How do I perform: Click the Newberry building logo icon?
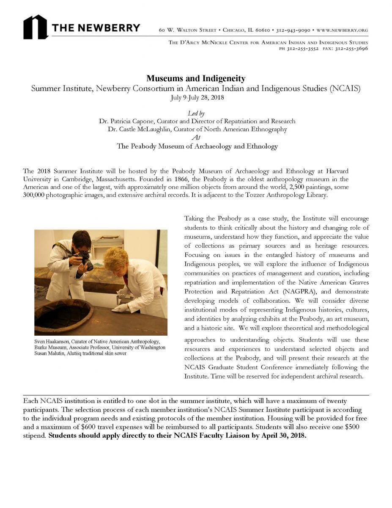[x=35, y=27]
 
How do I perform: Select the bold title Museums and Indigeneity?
[x=196, y=79]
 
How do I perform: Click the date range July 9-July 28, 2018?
[x=196, y=97]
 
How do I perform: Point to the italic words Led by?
[x=196, y=113]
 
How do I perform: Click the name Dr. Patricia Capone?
[x=123, y=121]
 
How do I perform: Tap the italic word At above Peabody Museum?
[x=196, y=137]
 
